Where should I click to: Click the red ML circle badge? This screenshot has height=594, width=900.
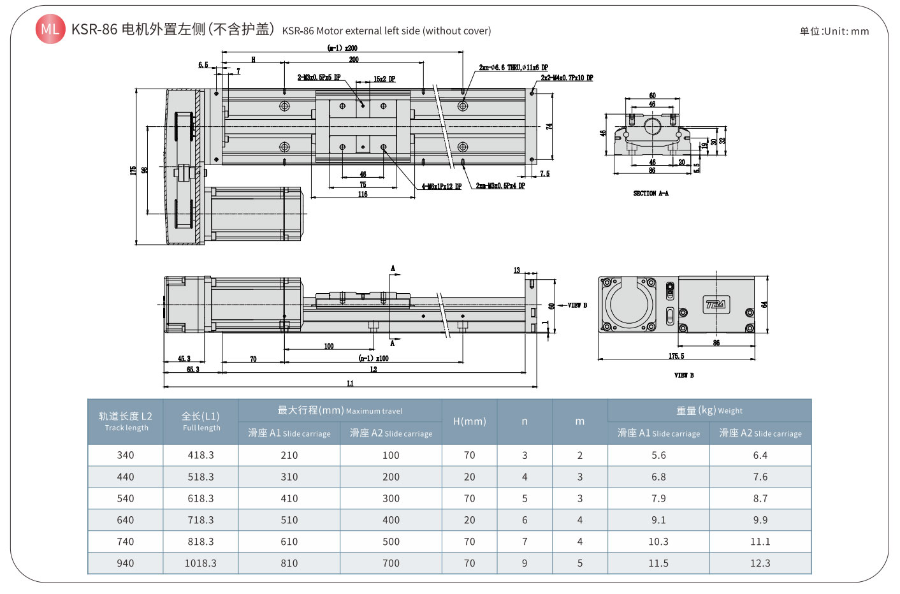(50, 29)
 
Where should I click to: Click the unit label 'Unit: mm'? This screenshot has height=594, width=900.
(834, 31)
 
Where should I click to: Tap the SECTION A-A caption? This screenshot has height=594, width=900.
(650, 193)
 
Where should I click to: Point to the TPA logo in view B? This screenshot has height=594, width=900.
(715, 304)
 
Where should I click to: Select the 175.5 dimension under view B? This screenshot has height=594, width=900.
(676, 356)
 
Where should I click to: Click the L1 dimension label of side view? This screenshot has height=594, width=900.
(350, 383)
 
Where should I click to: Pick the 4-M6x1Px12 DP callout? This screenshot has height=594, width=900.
(441, 187)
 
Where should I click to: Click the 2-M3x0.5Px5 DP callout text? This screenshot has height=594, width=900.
(319, 78)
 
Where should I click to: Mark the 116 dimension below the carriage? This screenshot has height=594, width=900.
(363, 194)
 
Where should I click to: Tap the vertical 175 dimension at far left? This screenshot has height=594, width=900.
(133, 170)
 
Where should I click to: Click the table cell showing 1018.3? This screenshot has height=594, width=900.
(201, 563)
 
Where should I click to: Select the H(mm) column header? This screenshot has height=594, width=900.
(469, 421)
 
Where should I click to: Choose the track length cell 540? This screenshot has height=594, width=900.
(126, 498)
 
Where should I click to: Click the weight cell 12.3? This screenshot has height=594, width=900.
(760, 563)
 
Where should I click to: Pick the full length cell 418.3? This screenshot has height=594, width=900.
(201, 455)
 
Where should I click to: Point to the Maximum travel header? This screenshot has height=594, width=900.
(340, 410)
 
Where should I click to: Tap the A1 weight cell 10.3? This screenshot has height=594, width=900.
(658, 542)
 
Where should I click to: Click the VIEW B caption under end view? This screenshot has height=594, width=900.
(684, 375)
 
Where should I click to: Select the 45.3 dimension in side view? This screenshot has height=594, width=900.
(184, 359)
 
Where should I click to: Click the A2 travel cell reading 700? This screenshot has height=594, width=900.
(391, 563)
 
